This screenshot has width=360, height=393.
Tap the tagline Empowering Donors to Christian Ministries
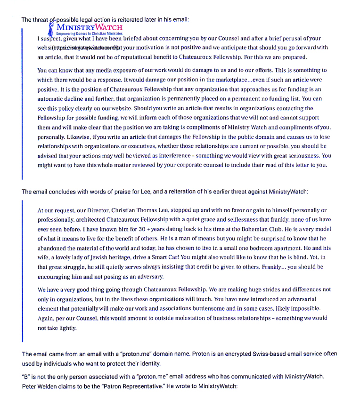[89, 34]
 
